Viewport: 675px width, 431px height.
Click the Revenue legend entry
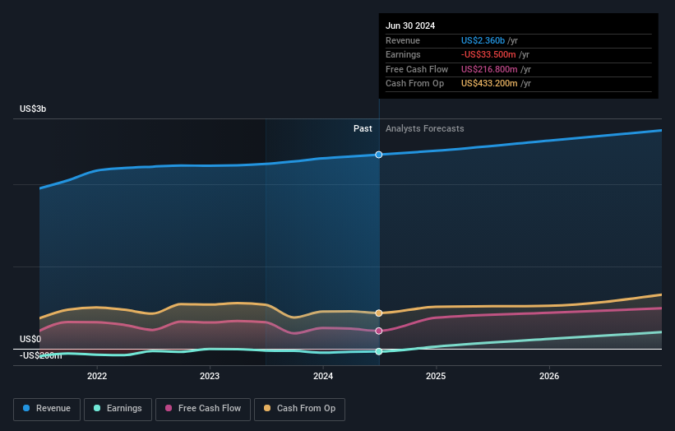(x=47, y=408)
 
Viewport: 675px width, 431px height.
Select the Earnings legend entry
(x=118, y=408)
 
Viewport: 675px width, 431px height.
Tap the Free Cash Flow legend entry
(x=202, y=408)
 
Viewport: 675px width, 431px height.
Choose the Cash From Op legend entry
(x=299, y=408)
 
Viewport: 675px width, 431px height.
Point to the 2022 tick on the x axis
(x=97, y=376)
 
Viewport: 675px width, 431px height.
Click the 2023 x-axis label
(x=210, y=376)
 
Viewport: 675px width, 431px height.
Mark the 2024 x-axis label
(x=323, y=376)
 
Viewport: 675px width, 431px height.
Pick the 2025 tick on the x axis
(x=436, y=376)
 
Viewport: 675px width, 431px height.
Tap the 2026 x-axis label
(x=549, y=376)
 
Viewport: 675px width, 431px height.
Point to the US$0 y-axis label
(x=30, y=339)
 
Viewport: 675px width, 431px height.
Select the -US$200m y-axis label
(x=40, y=355)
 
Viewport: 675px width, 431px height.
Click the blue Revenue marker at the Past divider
(x=379, y=155)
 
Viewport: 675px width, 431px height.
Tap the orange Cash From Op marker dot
(x=379, y=313)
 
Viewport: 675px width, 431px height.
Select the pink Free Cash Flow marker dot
(x=379, y=331)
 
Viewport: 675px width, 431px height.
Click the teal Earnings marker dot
(x=379, y=351)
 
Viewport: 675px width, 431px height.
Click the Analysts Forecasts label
(x=424, y=128)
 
